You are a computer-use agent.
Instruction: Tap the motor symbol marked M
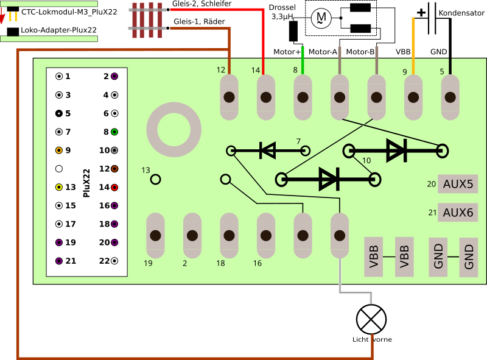click(320, 19)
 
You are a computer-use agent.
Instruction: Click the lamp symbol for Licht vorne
click(371, 318)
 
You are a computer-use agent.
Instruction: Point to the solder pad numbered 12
click(229, 97)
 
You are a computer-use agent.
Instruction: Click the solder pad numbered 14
click(265, 97)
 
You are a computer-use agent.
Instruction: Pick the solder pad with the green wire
click(303, 97)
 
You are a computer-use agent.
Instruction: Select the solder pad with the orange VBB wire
click(413, 97)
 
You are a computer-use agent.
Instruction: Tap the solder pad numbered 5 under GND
click(450, 97)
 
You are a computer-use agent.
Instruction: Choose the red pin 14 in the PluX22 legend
click(114, 187)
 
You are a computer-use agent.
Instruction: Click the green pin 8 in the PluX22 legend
click(114, 132)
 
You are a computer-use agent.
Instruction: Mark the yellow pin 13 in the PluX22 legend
click(59, 187)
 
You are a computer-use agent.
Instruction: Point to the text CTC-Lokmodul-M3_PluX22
click(69, 12)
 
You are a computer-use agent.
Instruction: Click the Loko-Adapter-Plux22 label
click(58, 30)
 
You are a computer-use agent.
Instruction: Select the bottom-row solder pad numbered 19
click(155, 235)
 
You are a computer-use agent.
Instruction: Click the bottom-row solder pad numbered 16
click(265, 235)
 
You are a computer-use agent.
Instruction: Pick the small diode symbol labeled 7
click(268, 150)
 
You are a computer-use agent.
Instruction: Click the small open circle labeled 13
click(156, 179)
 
